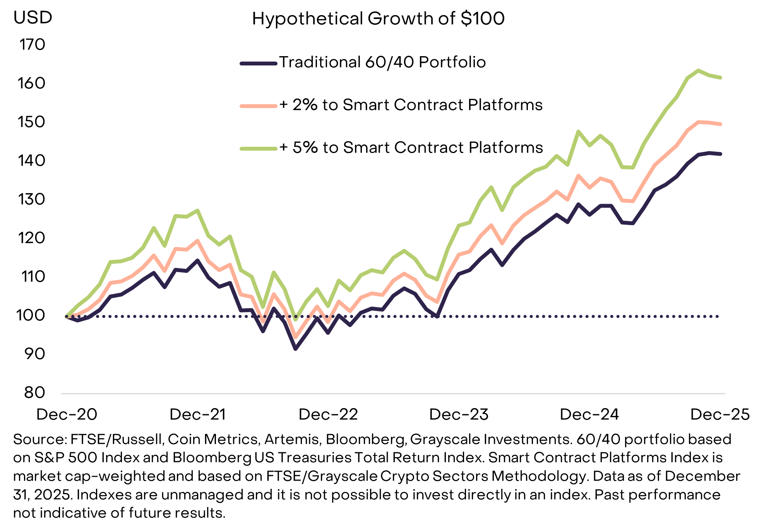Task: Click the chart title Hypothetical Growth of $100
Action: [x=378, y=19]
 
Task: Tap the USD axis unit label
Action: [x=33, y=17]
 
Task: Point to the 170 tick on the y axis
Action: [x=33, y=45]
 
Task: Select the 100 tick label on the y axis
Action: [x=31, y=315]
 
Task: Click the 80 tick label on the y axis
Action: [x=34, y=392]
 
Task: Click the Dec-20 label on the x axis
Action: [x=67, y=414]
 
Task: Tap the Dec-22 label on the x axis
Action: [x=328, y=414]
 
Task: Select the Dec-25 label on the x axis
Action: [x=720, y=414]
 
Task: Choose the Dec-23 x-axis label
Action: [x=459, y=414]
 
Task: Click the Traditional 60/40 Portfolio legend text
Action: [x=382, y=62]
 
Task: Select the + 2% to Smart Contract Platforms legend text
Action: [x=411, y=105]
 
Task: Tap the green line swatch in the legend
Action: [x=259, y=148]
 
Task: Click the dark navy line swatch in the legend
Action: [x=259, y=63]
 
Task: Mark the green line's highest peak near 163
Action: [x=698, y=70]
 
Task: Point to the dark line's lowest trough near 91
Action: [x=296, y=349]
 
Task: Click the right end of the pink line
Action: [x=720, y=124]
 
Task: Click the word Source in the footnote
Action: [x=35, y=439]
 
